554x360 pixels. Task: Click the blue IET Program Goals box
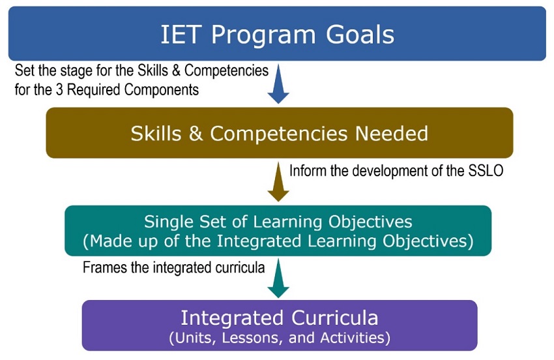pyautogui.click(x=277, y=34)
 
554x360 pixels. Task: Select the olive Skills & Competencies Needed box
pyautogui.click(x=280, y=132)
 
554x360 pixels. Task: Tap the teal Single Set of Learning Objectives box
pyautogui.click(x=278, y=231)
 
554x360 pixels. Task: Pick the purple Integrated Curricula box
pyautogui.click(x=280, y=325)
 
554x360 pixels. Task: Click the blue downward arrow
pyautogui.click(x=278, y=84)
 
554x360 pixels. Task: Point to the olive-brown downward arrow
pyautogui.click(x=278, y=182)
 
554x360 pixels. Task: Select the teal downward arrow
pyautogui.click(x=278, y=278)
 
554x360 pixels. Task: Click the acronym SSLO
pyautogui.click(x=486, y=171)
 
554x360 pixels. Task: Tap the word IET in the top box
pyautogui.click(x=181, y=35)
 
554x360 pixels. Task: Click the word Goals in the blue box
pyautogui.click(x=360, y=35)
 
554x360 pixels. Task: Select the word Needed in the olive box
pyautogui.click(x=392, y=133)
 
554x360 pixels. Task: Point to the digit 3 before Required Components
pyautogui.click(x=59, y=90)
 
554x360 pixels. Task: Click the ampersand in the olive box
pyautogui.click(x=196, y=134)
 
